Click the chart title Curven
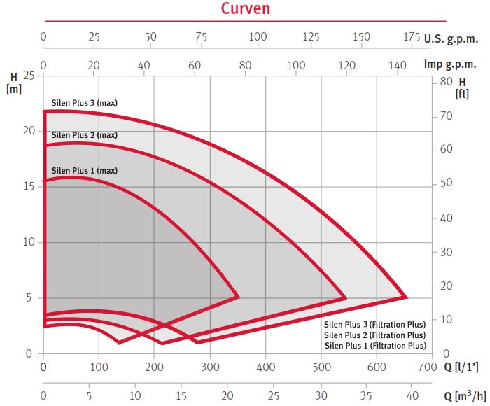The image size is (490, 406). coord(245,9)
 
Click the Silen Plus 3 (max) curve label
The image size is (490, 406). coord(84,103)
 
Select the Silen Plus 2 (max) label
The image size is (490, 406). coord(84,134)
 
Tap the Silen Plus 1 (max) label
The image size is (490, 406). coord(84,170)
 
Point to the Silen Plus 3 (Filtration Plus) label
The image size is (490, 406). coord(374,324)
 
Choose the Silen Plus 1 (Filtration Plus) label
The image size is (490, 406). coord(374,345)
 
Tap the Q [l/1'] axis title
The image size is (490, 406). coord(462,366)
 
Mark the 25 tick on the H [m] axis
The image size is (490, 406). coord(30,75)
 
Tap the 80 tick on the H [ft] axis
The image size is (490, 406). coord(446,81)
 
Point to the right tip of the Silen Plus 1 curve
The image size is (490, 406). coord(239,297)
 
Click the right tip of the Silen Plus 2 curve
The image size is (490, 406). coord(346,298)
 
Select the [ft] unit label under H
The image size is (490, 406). coord(461,94)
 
